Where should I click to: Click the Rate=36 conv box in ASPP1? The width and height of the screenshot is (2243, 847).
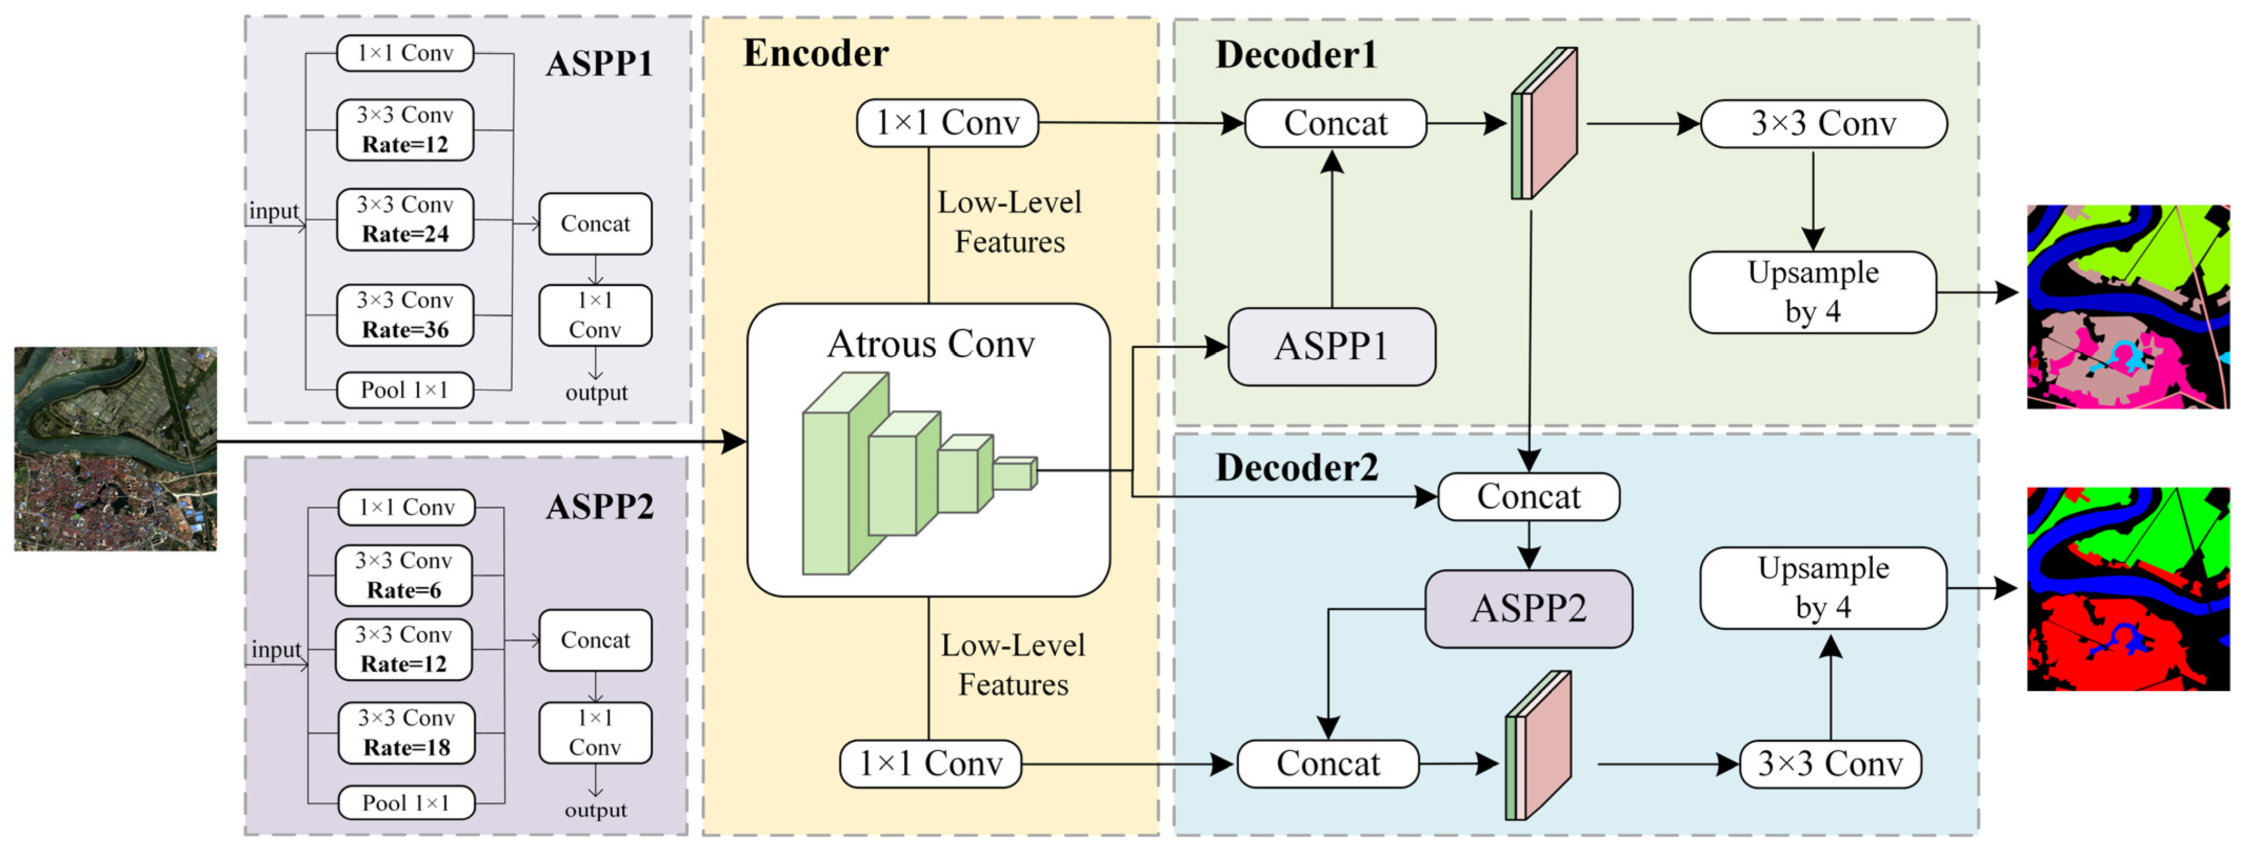point(405,315)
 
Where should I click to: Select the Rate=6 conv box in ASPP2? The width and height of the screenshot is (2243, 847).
point(403,576)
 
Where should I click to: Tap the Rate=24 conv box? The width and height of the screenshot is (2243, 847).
point(405,219)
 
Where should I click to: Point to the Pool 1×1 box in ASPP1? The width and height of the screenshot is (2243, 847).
point(405,390)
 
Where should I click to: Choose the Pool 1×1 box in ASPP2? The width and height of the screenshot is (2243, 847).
point(406,803)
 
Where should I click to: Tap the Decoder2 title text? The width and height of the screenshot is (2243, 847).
point(1297,468)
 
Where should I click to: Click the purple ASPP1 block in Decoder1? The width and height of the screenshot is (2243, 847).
point(1330,347)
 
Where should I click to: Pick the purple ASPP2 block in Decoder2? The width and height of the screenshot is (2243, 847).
point(1528,609)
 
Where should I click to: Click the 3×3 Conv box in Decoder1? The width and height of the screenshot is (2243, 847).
point(1823,124)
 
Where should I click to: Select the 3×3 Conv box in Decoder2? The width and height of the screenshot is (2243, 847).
point(1830,764)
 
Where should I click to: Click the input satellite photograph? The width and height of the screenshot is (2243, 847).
point(115,448)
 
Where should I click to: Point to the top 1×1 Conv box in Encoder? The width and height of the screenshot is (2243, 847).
point(947,123)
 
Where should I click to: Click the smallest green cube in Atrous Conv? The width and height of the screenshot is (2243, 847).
point(1014,473)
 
